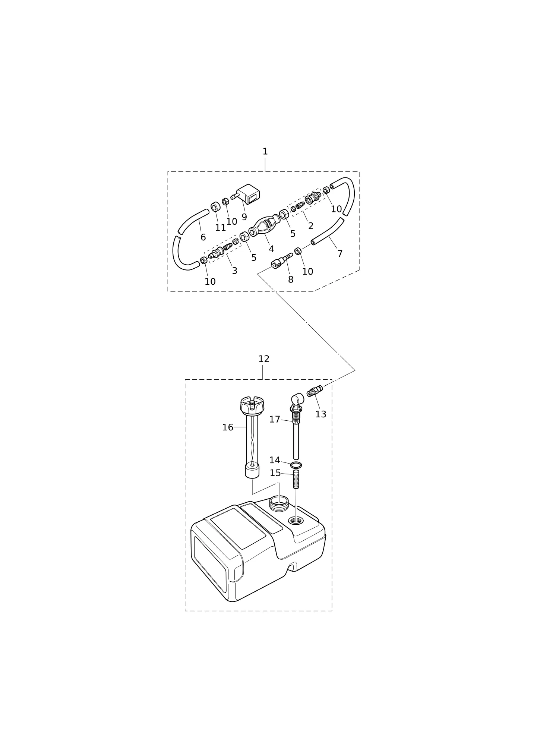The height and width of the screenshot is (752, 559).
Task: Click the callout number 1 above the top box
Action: coord(265,152)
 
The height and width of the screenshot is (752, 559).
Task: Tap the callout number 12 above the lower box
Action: coord(264,359)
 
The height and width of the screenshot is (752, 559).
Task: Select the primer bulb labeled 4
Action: coord(264,225)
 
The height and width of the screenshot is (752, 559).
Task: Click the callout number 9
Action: coord(244,217)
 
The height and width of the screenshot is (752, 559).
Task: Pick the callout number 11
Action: coord(220,228)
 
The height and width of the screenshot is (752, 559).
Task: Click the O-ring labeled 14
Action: coord(296,465)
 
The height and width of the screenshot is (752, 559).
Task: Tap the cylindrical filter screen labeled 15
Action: coord(296,479)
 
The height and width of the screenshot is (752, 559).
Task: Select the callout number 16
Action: coord(227,427)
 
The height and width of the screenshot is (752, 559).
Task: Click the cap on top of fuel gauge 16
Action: coord(252,405)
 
